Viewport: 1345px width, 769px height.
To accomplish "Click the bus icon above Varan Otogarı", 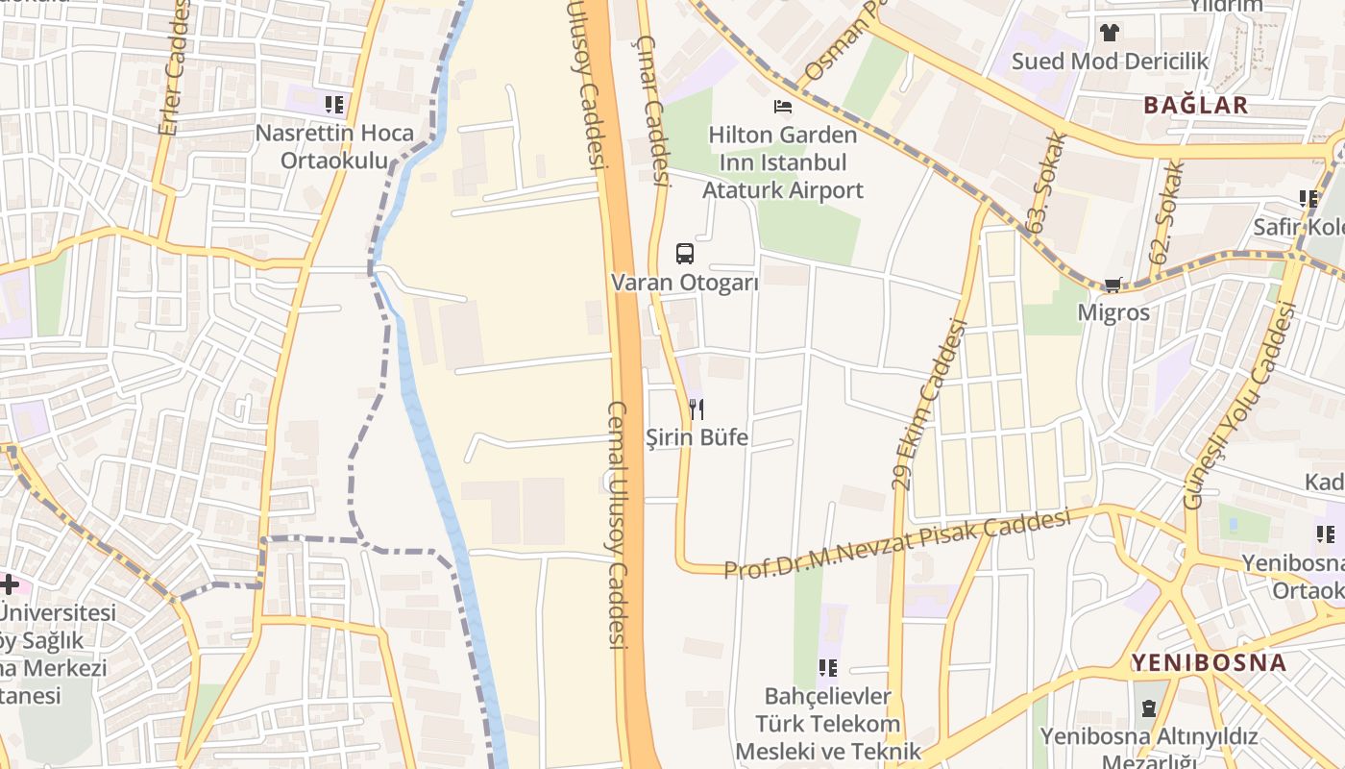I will click(x=684, y=254).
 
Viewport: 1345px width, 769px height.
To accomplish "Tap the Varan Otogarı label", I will click(x=685, y=283).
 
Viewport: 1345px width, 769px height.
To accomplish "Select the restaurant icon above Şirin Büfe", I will click(x=697, y=409).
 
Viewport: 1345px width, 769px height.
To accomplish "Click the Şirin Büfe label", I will click(x=697, y=438).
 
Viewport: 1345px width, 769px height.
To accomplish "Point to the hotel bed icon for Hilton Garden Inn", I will click(x=784, y=106).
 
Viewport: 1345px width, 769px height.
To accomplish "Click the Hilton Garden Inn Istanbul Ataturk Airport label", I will click(x=783, y=162).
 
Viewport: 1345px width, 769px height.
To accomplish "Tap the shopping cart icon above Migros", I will click(x=1113, y=285).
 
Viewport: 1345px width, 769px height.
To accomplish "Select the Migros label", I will click(x=1113, y=312).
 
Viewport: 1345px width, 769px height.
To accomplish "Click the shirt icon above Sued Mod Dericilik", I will click(x=1110, y=33).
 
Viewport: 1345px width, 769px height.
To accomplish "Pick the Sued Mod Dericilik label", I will click(x=1110, y=62).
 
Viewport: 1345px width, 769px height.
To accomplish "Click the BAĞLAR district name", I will click(x=1195, y=106).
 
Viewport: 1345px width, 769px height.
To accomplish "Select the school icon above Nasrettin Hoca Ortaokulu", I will click(x=333, y=105).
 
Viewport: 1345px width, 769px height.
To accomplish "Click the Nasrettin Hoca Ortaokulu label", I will click(x=334, y=146).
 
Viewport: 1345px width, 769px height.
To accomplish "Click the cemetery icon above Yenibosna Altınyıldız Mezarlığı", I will click(x=1148, y=709).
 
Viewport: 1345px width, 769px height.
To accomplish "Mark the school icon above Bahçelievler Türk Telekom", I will click(x=827, y=668).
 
